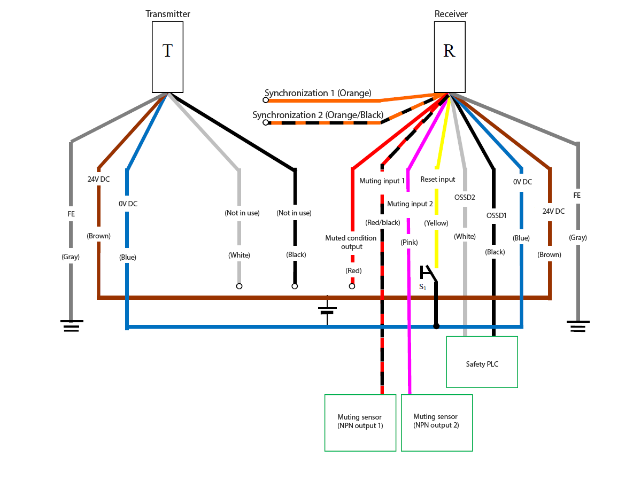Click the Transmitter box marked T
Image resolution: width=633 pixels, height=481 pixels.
(x=167, y=57)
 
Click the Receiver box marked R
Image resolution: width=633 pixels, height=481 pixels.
(x=450, y=57)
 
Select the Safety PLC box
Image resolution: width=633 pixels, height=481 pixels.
(x=482, y=362)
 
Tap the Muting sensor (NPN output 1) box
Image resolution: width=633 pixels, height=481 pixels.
(x=360, y=423)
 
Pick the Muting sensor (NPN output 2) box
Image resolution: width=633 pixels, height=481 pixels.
(x=437, y=423)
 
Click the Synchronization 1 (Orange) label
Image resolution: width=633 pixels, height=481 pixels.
(x=318, y=93)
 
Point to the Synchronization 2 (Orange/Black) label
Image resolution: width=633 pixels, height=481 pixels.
(x=318, y=115)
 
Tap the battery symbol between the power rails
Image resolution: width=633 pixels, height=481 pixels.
(x=327, y=310)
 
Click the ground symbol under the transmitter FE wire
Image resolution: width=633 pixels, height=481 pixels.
(x=72, y=325)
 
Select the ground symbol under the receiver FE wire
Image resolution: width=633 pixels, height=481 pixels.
(x=578, y=326)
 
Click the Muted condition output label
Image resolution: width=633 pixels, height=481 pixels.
(x=351, y=242)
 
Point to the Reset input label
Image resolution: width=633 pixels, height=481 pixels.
(x=438, y=179)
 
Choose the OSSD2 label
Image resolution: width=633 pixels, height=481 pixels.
(x=465, y=197)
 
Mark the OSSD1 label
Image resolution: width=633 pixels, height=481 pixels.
(x=496, y=215)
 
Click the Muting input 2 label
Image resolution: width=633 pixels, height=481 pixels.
(x=410, y=204)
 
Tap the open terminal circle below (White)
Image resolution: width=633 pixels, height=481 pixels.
(x=240, y=286)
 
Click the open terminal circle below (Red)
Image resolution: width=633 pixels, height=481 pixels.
(x=352, y=286)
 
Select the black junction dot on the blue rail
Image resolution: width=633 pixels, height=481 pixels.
(x=436, y=326)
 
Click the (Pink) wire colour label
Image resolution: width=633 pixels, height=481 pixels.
(x=409, y=242)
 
